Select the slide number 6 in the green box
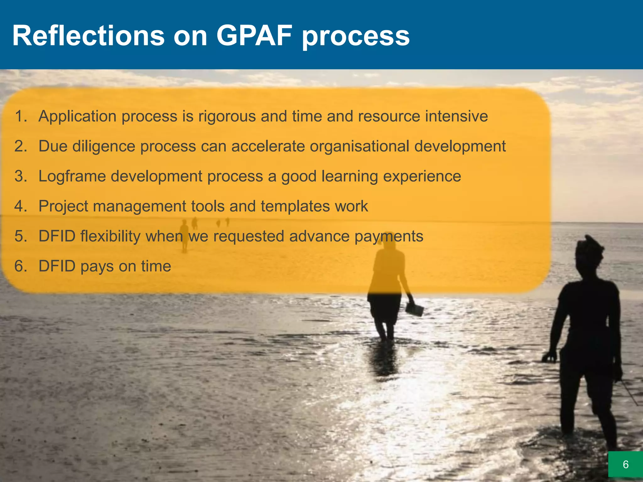pyautogui.click(x=625, y=464)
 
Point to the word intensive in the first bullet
pyautogui.click(x=456, y=116)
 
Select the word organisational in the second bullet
pyautogui.click(x=359, y=146)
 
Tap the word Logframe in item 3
pyautogui.click(x=72, y=176)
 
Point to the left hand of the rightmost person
pyautogui.click(x=549, y=356)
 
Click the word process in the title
pyautogui.click(x=355, y=36)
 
